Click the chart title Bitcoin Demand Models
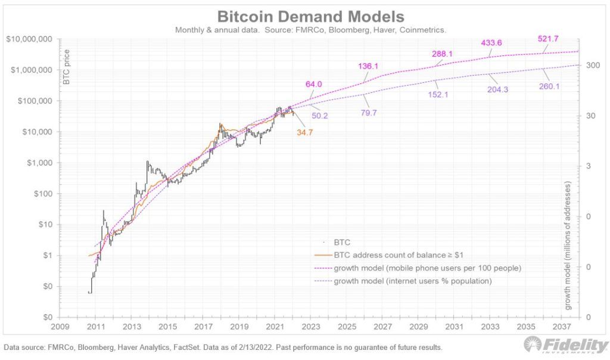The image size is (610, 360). coord(310,16)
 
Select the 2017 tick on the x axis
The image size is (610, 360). coord(203,327)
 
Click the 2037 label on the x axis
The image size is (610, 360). coord(560,327)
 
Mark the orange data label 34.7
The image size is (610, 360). coord(306,132)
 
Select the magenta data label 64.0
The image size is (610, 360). coord(314,84)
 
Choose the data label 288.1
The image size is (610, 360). coord(443,54)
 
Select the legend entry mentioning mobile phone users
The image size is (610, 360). coord(428,268)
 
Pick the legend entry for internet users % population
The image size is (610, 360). coord(413,281)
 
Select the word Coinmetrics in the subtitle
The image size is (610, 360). coord(421,30)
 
